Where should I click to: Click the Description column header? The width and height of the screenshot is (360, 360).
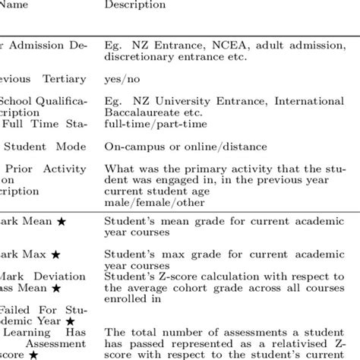[134, 5]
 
